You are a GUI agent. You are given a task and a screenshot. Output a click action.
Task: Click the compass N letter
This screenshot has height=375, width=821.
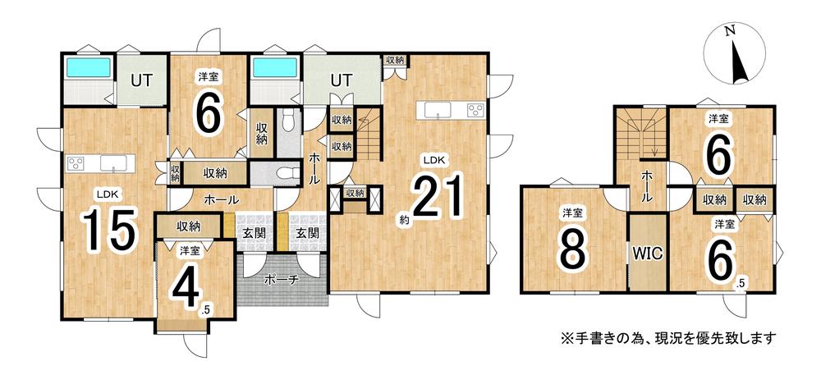point(729,31)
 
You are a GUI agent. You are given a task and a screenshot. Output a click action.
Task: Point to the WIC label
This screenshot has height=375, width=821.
point(649,254)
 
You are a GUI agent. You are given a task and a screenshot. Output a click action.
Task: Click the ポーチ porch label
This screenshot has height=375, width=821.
point(281,280)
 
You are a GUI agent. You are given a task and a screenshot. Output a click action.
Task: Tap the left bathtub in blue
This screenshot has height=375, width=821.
point(88,67)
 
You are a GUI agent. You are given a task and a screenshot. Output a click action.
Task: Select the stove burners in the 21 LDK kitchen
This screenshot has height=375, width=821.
point(475,110)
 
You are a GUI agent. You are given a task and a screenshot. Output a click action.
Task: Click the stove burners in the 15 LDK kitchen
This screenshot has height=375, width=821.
point(76,162)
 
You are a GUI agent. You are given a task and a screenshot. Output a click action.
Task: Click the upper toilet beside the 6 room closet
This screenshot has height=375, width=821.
point(287,121)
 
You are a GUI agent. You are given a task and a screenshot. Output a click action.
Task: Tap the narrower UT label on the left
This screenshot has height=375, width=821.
point(141,81)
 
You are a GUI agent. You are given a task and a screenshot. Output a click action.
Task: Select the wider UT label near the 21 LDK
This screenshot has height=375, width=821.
point(342,80)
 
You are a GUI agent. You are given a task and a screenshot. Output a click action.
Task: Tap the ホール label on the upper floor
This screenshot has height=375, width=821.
point(647,188)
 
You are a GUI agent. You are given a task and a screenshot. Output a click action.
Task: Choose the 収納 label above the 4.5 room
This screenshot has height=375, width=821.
point(189,226)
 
